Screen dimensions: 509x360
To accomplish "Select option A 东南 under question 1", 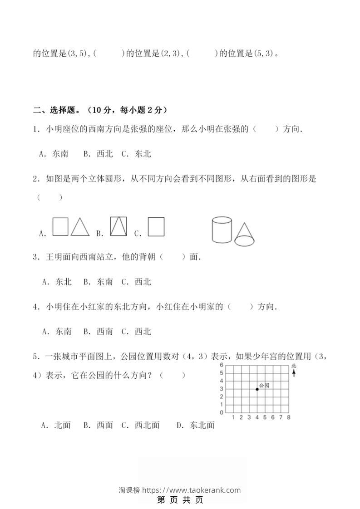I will click(54, 154).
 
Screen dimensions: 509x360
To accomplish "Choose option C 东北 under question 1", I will click(136, 154).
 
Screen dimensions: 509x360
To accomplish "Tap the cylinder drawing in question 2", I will click(222, 230).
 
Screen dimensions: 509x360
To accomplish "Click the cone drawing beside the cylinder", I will click(245, 235).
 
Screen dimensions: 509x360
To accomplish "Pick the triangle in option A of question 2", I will click(80, 227).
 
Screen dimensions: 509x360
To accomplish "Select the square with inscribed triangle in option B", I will click(119, 226).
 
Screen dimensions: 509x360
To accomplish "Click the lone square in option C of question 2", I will click(156, 227).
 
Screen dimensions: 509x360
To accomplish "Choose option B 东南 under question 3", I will click(98, 282).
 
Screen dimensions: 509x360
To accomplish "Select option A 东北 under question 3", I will click(57, 282).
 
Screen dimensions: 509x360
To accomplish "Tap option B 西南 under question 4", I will click(98, 332).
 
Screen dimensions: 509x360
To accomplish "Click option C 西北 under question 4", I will click(136, 332).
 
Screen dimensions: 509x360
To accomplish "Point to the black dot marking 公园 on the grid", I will click(257, 389).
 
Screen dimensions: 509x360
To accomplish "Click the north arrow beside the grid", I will click(294, 372).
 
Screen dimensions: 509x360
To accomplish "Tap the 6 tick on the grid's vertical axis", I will click(222, 365).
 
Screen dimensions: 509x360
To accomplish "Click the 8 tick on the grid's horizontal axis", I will click(289, 417).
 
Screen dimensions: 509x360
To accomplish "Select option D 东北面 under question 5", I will click(196, 425).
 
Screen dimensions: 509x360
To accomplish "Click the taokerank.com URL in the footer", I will click(191, 490).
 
